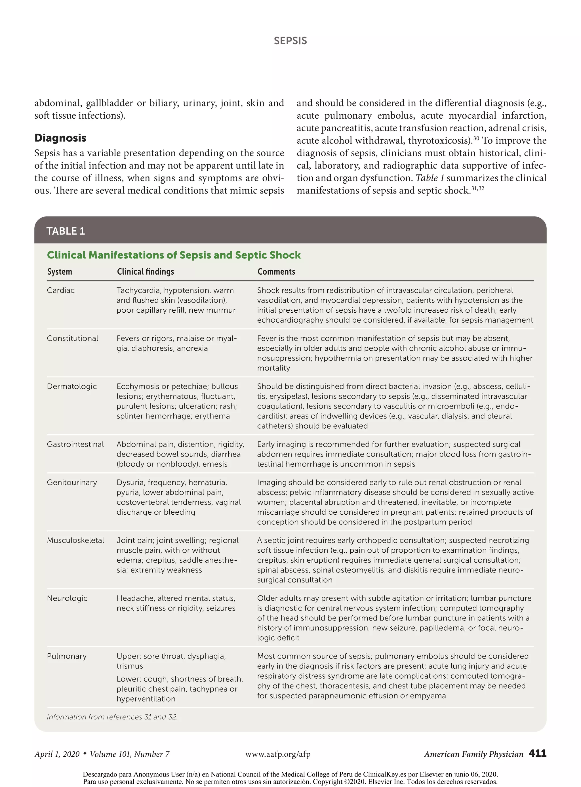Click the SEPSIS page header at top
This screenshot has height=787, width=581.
[290, 41]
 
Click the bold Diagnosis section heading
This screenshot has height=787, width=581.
[60, 138]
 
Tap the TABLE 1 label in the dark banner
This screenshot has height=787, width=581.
[66, 231]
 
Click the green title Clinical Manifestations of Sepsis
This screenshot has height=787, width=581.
[174, 255]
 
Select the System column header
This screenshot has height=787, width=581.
[60, 272]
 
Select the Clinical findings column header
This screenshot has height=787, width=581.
[145, 272]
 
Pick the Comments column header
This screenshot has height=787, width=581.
[276, 272]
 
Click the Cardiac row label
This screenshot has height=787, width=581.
[60, 291]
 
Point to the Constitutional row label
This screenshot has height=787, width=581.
[72, 338]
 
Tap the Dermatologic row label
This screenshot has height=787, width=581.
[72, 386]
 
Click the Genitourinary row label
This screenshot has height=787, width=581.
[72, 483]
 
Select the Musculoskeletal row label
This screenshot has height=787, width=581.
[75, 540]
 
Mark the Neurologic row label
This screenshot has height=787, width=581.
[67, 598]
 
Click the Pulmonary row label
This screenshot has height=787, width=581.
[66, 656]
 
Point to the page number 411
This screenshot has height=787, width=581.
[537, 753]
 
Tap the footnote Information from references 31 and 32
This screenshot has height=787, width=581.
[112, 717]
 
